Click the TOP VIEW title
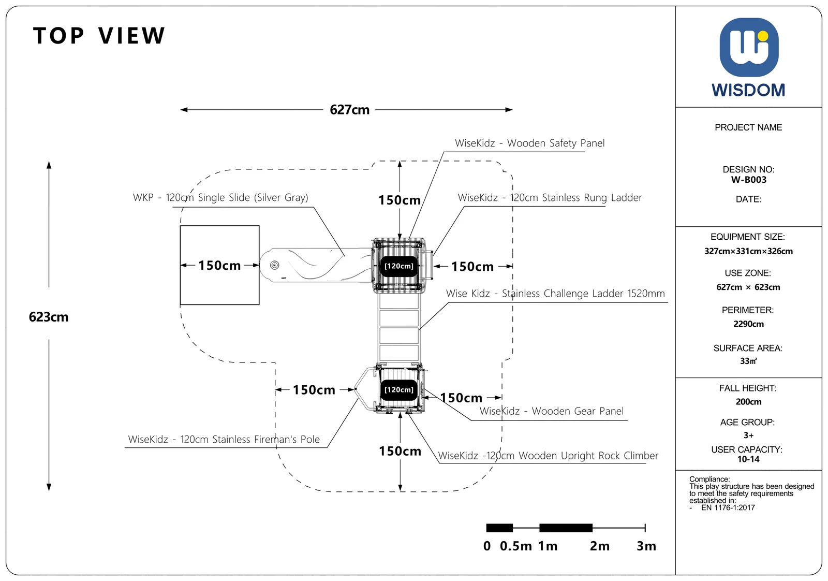pyautogui.click(x=99, y=36)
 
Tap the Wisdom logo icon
pyautogui.click(x=749, y=47)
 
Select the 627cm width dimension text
pyautogui.click(x=349, y=110)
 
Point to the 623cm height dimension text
pyautogui.click(x=49, y=317)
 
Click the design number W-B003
pyautogui.click(x=748, y=180)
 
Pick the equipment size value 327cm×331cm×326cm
pyautogui.click(x=748, y=252)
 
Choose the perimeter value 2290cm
pyautogui.click(x=748, y=324)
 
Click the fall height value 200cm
pyautogui.click(x=748, y=402)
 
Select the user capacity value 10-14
pyautogui.click(x=748, y=459)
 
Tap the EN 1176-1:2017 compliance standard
pyautogui.click(x=728, y=508)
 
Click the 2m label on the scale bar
pyautogui.click(x=600, y=546)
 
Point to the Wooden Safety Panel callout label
pyautogui.click(x=530, y=143)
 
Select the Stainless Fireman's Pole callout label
pyautogui.click(x=224, y=439)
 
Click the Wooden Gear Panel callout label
pyautogui.click(x=552, y=411)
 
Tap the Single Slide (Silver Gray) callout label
pyautogui.click(x=220, y=197)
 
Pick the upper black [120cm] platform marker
pyautogui.click(x=399, y=266)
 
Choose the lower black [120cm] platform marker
pyautogui.click(x=399, y=390)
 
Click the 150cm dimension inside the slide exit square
pyautogui.click(x=219, y=266)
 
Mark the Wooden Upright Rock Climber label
pyautogui.click(x=548, y=456)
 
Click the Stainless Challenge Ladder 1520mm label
pyautogui.click(x=555, y=294)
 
